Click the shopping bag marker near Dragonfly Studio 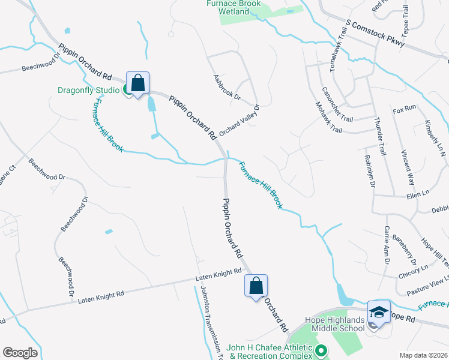coord(137,83)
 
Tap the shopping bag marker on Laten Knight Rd coord(256,286)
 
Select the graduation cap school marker coord(379,313)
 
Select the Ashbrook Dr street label coord(226,88)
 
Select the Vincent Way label coord(408,167)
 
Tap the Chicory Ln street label coord(413,271)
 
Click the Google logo coord(20,353)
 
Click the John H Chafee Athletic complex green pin coord(321,349)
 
